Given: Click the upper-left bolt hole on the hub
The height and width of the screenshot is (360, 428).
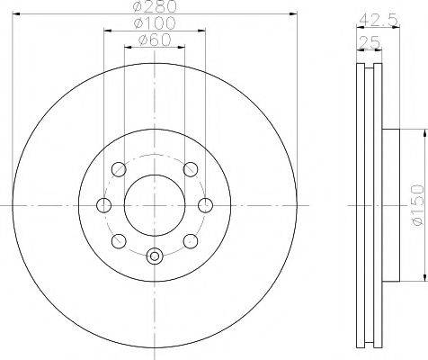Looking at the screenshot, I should coord(117,169).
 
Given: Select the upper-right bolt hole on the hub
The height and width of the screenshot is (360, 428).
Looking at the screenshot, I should coord(190,169).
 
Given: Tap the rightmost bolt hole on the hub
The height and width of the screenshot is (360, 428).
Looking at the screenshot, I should coord(205,204).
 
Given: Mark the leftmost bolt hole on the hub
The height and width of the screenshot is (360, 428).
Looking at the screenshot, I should coord(103,205).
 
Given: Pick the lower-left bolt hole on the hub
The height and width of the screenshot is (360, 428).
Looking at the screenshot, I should coord(117,240).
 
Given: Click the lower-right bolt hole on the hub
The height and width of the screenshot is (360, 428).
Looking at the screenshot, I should coord(190,240).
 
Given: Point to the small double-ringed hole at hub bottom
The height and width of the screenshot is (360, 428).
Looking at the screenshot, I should coord(154,256).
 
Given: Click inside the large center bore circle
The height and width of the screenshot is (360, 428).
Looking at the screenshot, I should coord(154,204).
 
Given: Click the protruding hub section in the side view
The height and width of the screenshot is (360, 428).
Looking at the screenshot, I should coord(392,204).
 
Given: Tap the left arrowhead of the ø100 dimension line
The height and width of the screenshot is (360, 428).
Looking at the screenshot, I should coord(107,32).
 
